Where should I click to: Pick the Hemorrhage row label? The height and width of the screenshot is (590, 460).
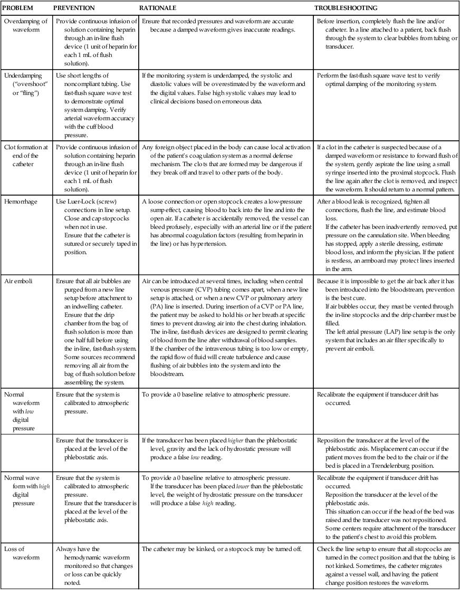coord(21,202)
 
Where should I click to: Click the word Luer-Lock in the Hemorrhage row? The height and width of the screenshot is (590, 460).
coord(81,202)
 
